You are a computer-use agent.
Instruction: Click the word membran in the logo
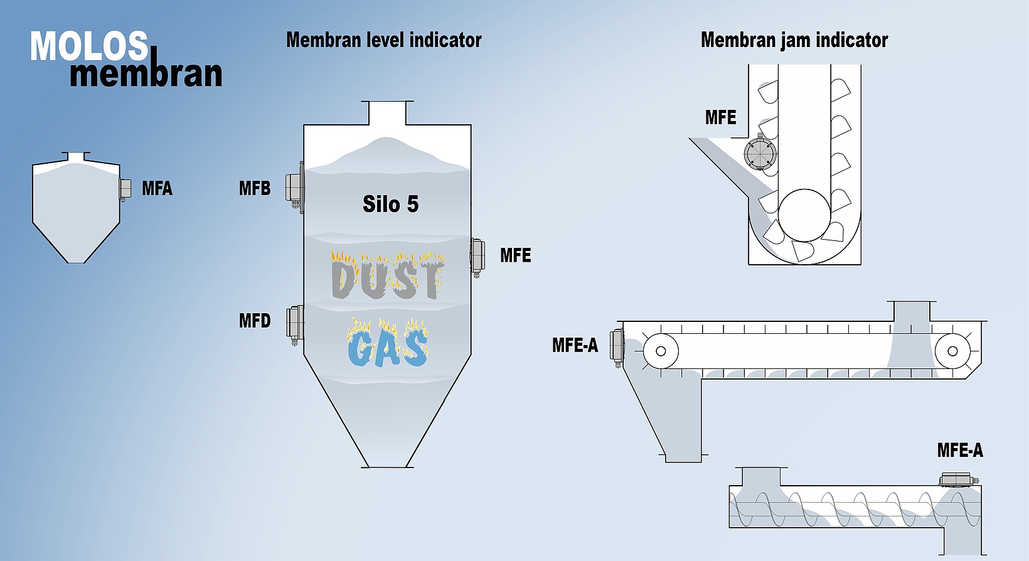tap(146, 74)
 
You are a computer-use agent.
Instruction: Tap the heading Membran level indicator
tap(383, 40)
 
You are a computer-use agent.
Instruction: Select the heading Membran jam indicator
tap(794, 40)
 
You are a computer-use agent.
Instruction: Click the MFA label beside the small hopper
tap(157, 188)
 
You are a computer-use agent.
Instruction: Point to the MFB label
tap(255, 188)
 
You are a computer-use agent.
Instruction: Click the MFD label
tap(255, 321)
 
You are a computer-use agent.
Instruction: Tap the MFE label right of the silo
tap(515, 255)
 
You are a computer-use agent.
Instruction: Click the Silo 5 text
tap(390, 204)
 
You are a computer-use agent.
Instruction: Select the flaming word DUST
tap(388, 277)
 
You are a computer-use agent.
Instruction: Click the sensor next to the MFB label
tap(294, 187)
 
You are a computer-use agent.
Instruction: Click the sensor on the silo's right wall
tap(477, 255)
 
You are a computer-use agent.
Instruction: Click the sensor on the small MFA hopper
tap(125, 188)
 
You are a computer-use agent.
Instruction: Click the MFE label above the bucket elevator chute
tap(720, 117)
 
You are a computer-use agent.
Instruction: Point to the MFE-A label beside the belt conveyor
tap(575, 345)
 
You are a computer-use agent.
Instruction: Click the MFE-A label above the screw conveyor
tap(959, 450)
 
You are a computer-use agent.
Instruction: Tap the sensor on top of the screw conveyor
tap(957, 479)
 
